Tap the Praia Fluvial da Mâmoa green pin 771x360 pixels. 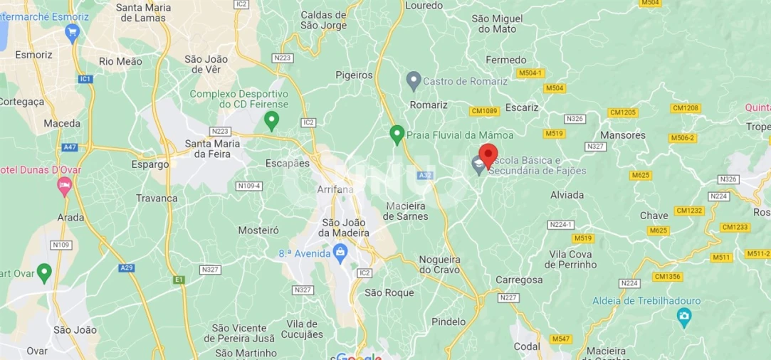(x=397, y=133)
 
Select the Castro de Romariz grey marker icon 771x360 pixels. (x=413, y=80)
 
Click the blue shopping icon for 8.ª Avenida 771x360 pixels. (x=340, y=252)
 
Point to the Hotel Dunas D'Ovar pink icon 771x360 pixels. (x=64, y=186)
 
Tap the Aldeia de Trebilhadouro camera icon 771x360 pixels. (x=684, y=315)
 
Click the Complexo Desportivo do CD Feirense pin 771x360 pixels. (x=271, y=121)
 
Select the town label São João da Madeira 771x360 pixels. (x=345, y=227)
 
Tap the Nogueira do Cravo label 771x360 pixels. (x=440, y=264)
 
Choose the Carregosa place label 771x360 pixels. (x=519, y=280)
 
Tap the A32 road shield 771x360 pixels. (x=426, y=175)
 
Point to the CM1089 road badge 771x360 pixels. (x=484, y=111)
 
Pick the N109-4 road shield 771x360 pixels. (x=249, y=186)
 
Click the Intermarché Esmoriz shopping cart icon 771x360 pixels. (x=71, y=31)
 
